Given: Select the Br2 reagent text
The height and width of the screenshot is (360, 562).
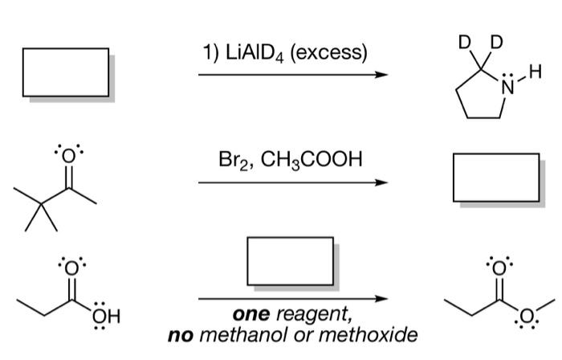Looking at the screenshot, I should [233, 159].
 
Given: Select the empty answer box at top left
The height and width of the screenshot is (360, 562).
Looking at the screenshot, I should [65, 72].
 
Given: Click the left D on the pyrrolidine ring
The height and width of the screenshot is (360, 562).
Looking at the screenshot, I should [464, 41].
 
